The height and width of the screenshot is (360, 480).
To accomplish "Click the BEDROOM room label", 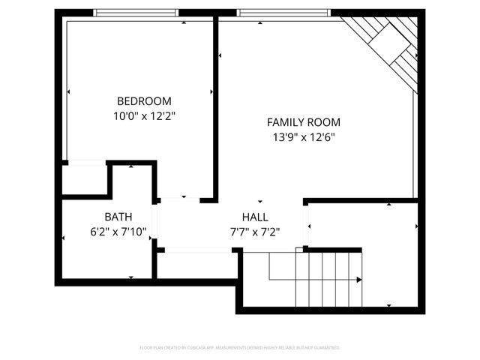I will pos(144,101).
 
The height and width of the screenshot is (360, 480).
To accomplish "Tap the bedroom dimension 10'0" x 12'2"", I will pos(144,116).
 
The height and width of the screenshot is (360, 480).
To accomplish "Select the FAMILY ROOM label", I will pos(304,122).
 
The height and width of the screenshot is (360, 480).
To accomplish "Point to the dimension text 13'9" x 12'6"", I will pos(304,137).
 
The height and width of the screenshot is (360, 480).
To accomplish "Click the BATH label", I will pos(118,217).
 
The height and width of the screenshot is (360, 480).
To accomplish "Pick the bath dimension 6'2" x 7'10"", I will pos(118,232).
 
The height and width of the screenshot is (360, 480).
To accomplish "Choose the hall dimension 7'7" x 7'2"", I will pos(254,232).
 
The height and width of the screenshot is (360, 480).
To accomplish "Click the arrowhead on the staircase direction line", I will pos(359,280).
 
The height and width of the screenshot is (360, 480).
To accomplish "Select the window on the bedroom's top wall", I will pos(136,13).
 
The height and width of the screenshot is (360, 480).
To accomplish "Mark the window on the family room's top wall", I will pos(283,13).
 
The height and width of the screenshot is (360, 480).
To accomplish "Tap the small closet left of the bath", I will pos(84,179).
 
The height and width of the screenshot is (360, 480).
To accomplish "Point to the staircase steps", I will pos(328,279).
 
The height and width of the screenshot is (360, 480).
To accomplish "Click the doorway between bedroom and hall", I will pos(179,199).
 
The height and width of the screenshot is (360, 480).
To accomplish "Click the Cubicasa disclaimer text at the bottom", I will pos(240,347).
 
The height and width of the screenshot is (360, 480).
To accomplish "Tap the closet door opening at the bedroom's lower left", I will pos(86,162).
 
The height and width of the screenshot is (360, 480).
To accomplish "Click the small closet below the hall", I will pos(196,265).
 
